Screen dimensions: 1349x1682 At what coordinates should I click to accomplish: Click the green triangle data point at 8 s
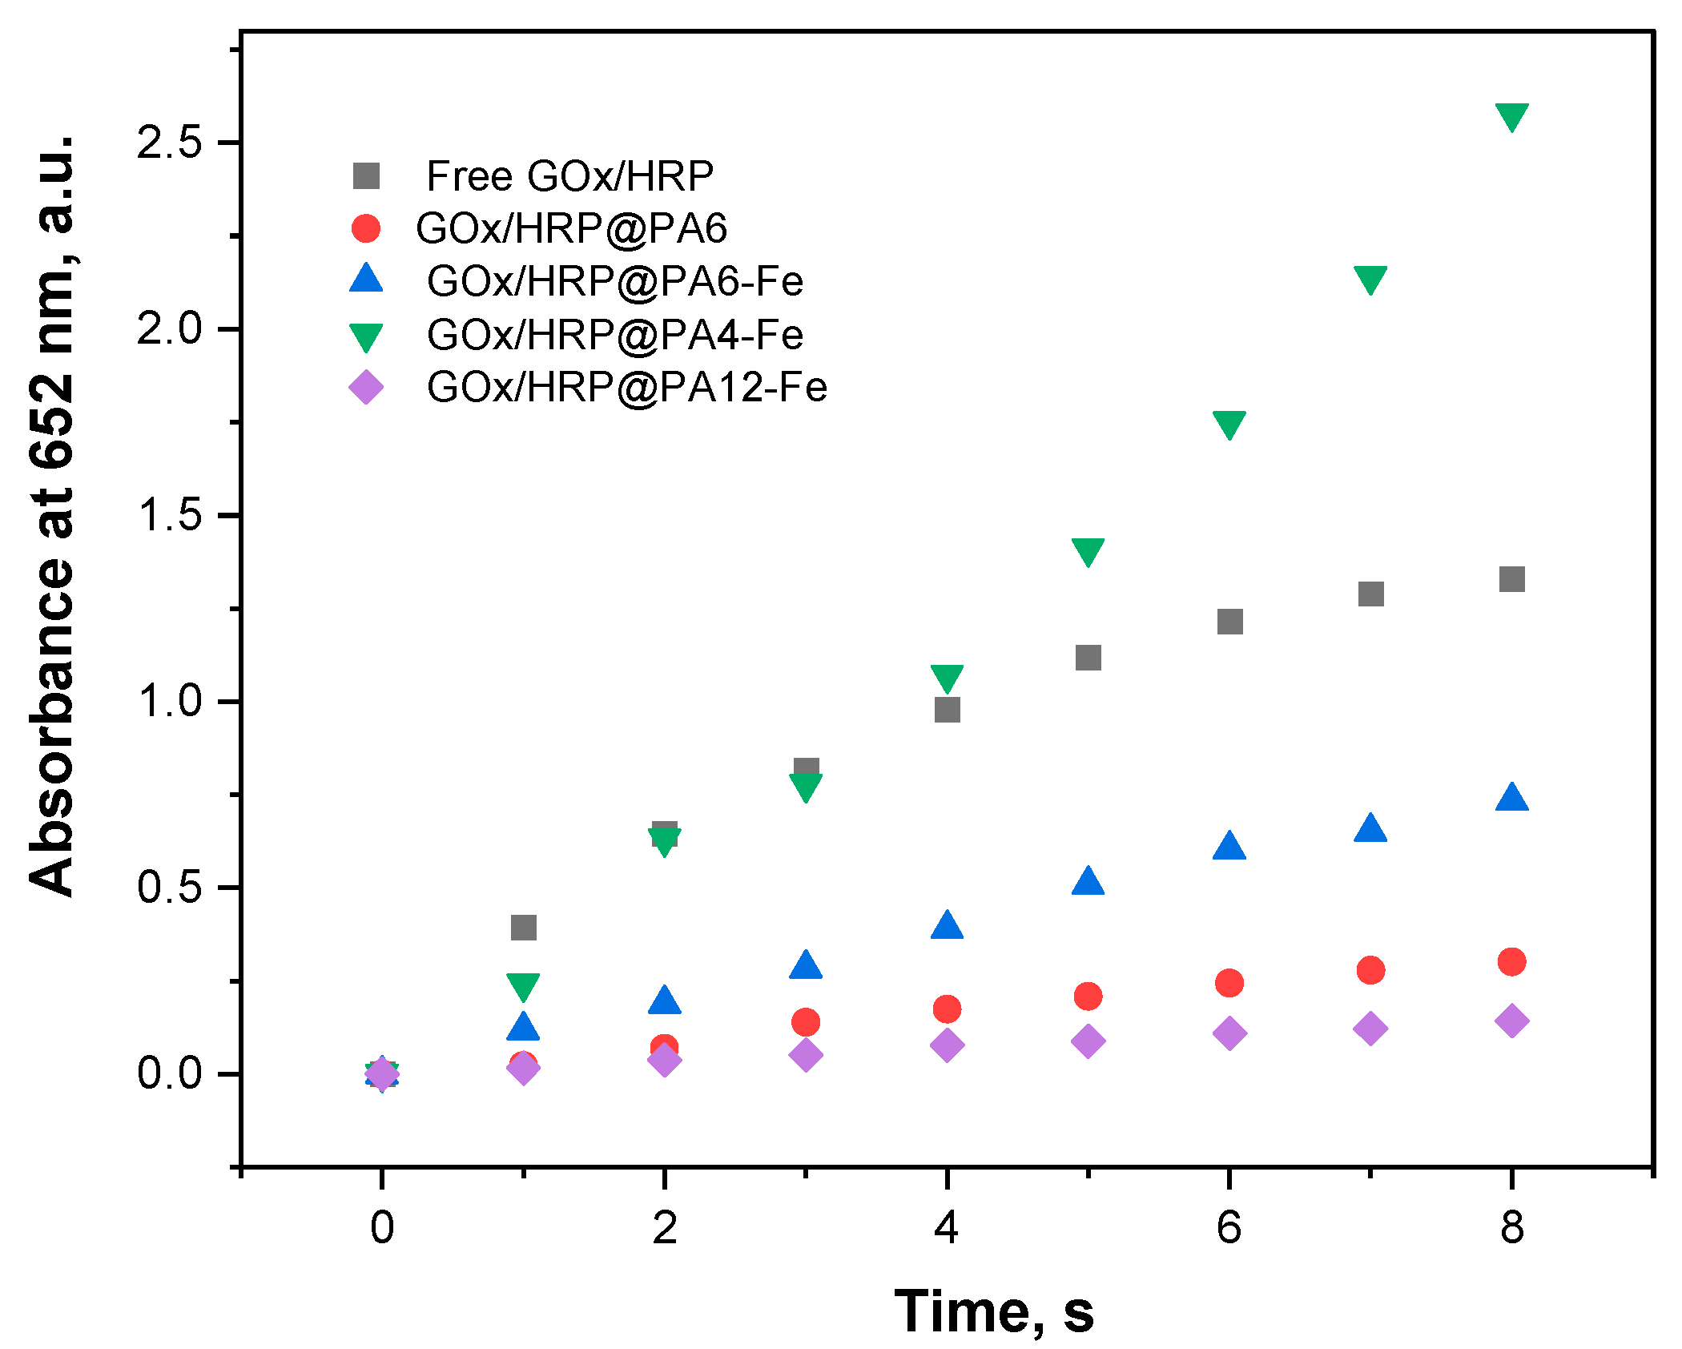1511,116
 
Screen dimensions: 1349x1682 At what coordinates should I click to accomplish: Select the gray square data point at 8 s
1511,579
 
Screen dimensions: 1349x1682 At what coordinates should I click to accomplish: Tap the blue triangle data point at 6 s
1229,847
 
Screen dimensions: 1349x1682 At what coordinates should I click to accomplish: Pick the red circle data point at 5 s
1088,996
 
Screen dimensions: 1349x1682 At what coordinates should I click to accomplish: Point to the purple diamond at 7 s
1370,1028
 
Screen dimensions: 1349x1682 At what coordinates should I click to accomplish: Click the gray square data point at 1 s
523,928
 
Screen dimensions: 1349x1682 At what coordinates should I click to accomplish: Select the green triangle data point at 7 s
1370,280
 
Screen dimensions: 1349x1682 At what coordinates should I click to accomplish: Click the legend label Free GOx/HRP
569,176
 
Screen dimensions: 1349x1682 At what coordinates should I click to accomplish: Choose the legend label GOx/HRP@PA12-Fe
626,388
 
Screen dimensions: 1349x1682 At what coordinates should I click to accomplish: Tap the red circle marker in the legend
366,228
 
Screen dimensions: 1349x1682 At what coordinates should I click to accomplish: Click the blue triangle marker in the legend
366,279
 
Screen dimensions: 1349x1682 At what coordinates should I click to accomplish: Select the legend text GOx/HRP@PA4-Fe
614,335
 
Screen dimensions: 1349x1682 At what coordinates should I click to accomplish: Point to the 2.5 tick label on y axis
169,143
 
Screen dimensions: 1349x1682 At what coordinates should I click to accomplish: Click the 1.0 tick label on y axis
169,702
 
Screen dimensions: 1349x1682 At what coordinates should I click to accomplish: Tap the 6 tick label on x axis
1229,1227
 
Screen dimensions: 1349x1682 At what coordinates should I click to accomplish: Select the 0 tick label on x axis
382,1227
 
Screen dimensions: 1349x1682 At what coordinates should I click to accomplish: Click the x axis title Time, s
993,1311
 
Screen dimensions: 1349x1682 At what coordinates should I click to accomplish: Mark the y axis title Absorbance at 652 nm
52,513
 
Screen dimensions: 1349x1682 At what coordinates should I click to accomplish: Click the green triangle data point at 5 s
1088,550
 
